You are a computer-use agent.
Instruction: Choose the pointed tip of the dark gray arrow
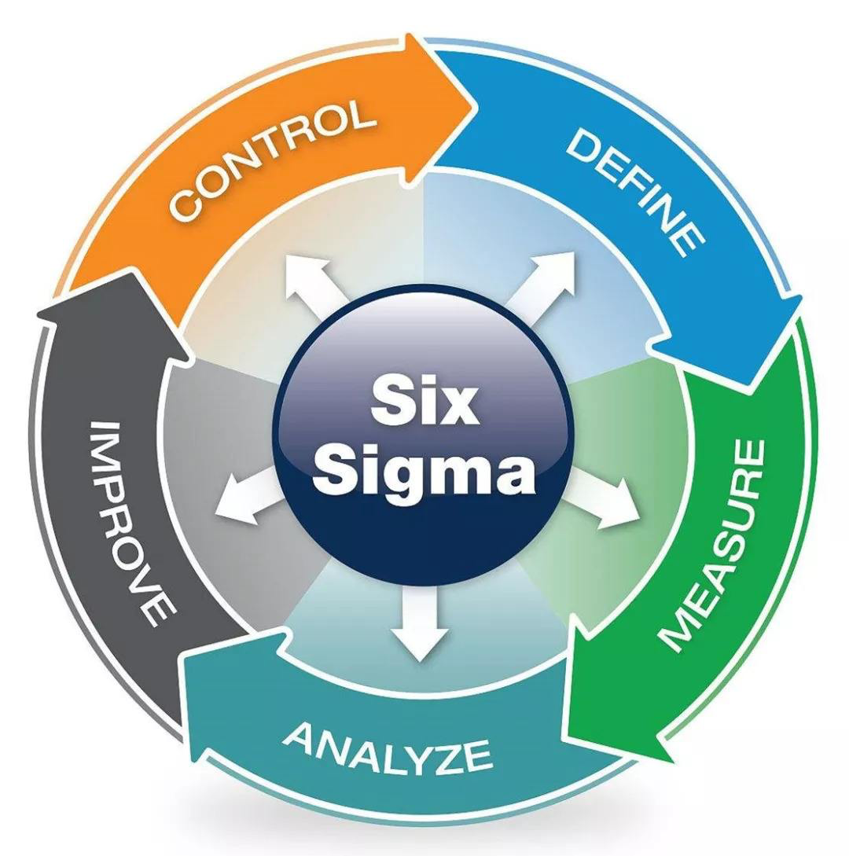point(39,314)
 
